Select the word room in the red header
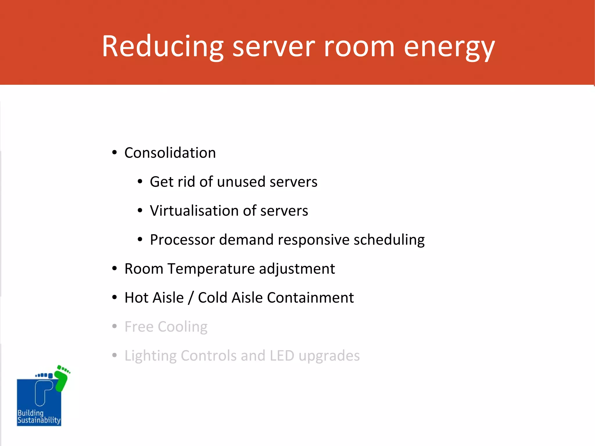coord(359,46)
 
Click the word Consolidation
coord(170,153)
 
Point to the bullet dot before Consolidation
coord(114,153)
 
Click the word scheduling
coord(389,240)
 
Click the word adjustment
coord(297,269)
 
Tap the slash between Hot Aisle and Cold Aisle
coord(191,298)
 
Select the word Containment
coord(310,298)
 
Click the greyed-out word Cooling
coord(182,327)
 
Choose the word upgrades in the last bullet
coord(329,356)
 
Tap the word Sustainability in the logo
coord(39,420)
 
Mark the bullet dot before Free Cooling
coord(114,326)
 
